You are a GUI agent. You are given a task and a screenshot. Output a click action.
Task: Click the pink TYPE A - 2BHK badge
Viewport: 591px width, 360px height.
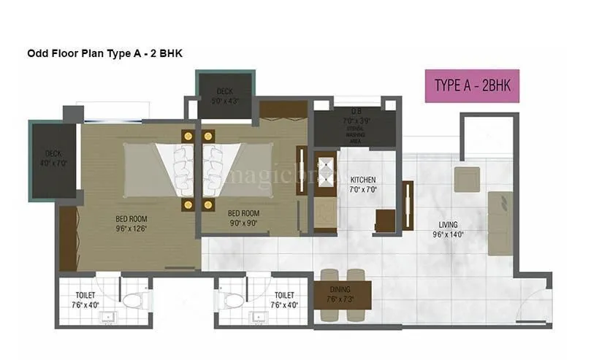tap(472, 85)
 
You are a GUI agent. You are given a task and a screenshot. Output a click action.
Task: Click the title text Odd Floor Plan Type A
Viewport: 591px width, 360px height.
tap(99, 53)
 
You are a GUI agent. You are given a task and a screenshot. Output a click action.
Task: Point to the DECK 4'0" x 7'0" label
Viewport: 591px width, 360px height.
tap(53, 158)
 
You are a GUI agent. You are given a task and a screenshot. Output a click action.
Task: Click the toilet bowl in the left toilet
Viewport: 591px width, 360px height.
tap(134, 300)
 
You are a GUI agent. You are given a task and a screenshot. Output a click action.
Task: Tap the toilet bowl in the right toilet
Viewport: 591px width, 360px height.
tap(233, 300)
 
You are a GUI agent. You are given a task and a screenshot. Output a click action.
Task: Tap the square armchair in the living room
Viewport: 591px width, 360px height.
tap(466, 179)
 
